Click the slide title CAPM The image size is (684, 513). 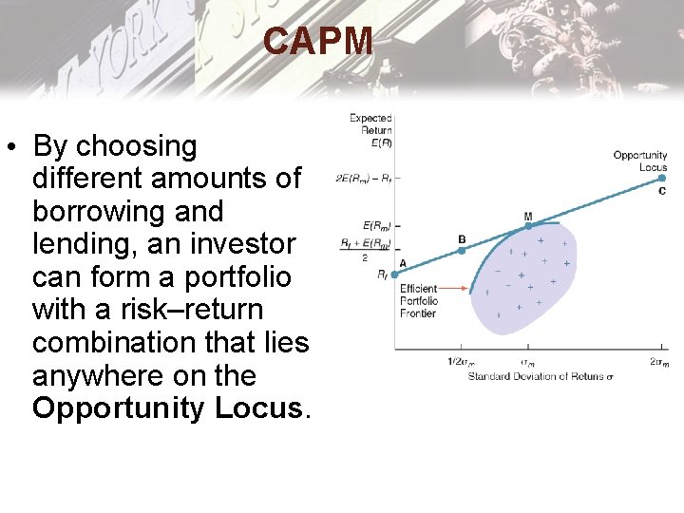[318, 42]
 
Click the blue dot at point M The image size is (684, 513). [528, 225]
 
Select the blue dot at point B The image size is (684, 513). [462, 251]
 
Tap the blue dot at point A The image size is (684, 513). [395, 275]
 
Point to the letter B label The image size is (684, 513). [462, 239]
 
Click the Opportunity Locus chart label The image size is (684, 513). [640, 161]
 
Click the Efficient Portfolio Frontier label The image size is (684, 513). [419, 300]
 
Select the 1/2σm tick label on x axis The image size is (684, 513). [461, 362]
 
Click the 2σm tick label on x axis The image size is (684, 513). [659, 362]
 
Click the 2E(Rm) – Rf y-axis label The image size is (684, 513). [363, 178]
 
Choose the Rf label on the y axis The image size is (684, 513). [382, 275]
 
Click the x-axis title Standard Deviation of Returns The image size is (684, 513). [541, 376]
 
